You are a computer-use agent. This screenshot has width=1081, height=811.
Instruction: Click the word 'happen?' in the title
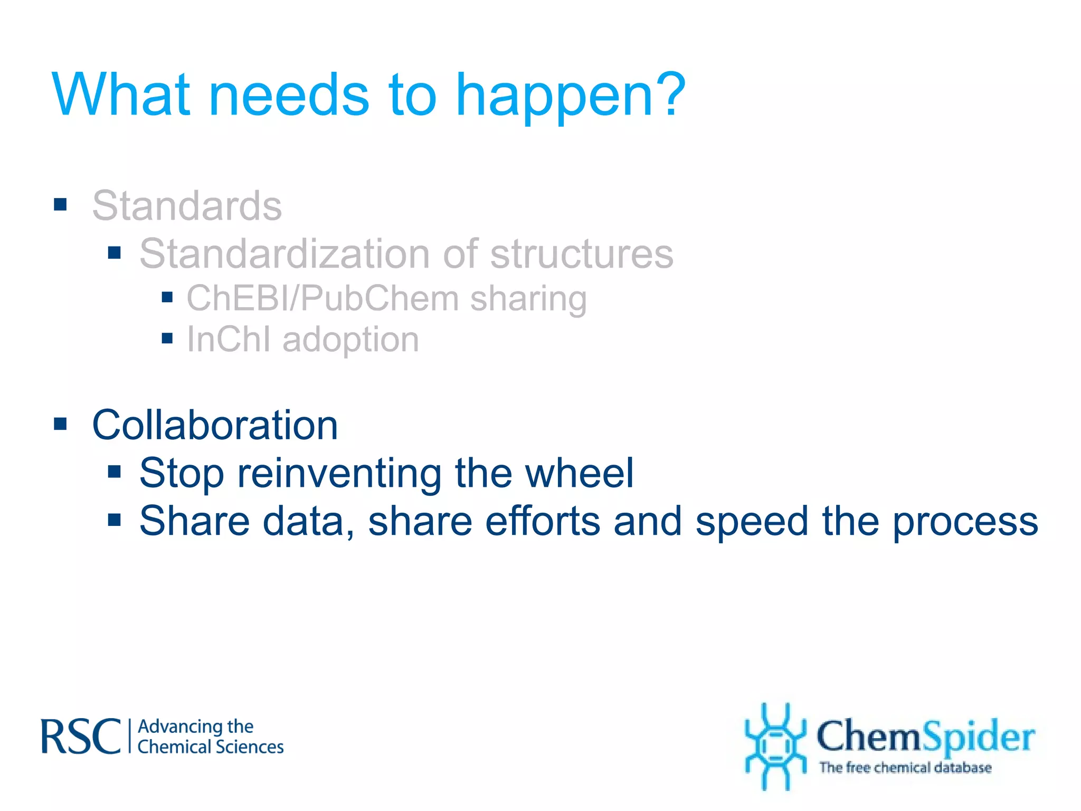tap(570, 96)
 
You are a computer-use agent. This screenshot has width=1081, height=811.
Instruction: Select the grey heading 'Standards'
tap(187, 205)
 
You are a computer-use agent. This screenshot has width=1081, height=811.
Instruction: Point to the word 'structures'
tap(582, 253)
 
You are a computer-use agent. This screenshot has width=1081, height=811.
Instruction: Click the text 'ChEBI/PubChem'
tap(323, 298)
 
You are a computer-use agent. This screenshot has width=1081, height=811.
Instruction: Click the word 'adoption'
tap(350, 340)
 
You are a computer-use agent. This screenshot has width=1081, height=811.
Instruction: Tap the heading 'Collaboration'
tap(215, 425)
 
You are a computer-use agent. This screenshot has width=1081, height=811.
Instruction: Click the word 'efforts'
tap(543, 521)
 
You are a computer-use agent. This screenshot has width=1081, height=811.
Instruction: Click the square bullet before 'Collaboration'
tap(61, 423)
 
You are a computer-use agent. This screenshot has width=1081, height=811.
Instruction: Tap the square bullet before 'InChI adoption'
tap(167, 338)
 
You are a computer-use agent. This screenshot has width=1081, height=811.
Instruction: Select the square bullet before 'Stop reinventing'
tap(115, 471)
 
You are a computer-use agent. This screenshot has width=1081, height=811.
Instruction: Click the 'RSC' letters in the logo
tap(81, 736)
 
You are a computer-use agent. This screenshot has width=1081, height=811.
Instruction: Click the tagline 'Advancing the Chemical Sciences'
tap(210, 737)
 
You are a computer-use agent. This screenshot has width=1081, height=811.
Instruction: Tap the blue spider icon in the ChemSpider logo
tap(775, 746)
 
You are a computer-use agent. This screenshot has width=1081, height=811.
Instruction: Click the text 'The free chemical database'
tap(905, 767)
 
